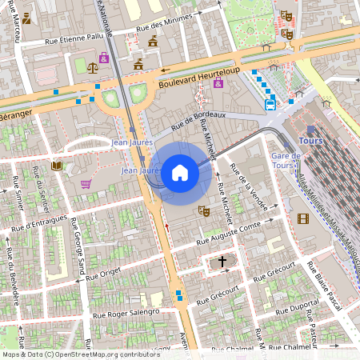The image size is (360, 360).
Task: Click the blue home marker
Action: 179,172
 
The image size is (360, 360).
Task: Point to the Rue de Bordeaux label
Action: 198,120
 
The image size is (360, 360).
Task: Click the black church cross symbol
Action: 222,261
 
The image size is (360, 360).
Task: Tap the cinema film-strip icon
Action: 302,218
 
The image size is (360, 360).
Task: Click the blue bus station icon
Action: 270,102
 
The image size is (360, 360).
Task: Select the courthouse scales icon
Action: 93,69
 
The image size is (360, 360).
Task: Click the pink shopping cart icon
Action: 86,183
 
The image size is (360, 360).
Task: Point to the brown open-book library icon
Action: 56,166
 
